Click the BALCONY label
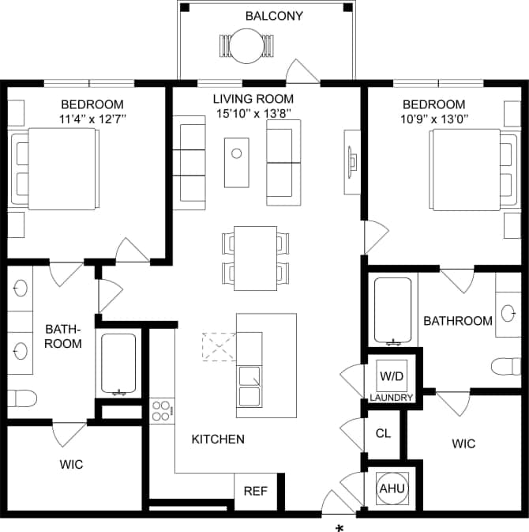[274, 16]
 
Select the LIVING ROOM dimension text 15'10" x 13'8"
[253, 113]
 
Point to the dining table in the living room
[256, 258]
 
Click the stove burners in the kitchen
[162, 411]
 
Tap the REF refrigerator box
[255, 491]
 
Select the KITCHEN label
[218, 440]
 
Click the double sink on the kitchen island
[249, 385]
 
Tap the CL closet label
[383, 433]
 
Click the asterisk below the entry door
[340, 527]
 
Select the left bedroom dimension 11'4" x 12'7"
[93, 119]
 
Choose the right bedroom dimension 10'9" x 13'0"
[433, 119]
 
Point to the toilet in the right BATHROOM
[505, 367]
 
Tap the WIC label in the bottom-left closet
[71, 464]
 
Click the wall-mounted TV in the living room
[351, 161]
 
